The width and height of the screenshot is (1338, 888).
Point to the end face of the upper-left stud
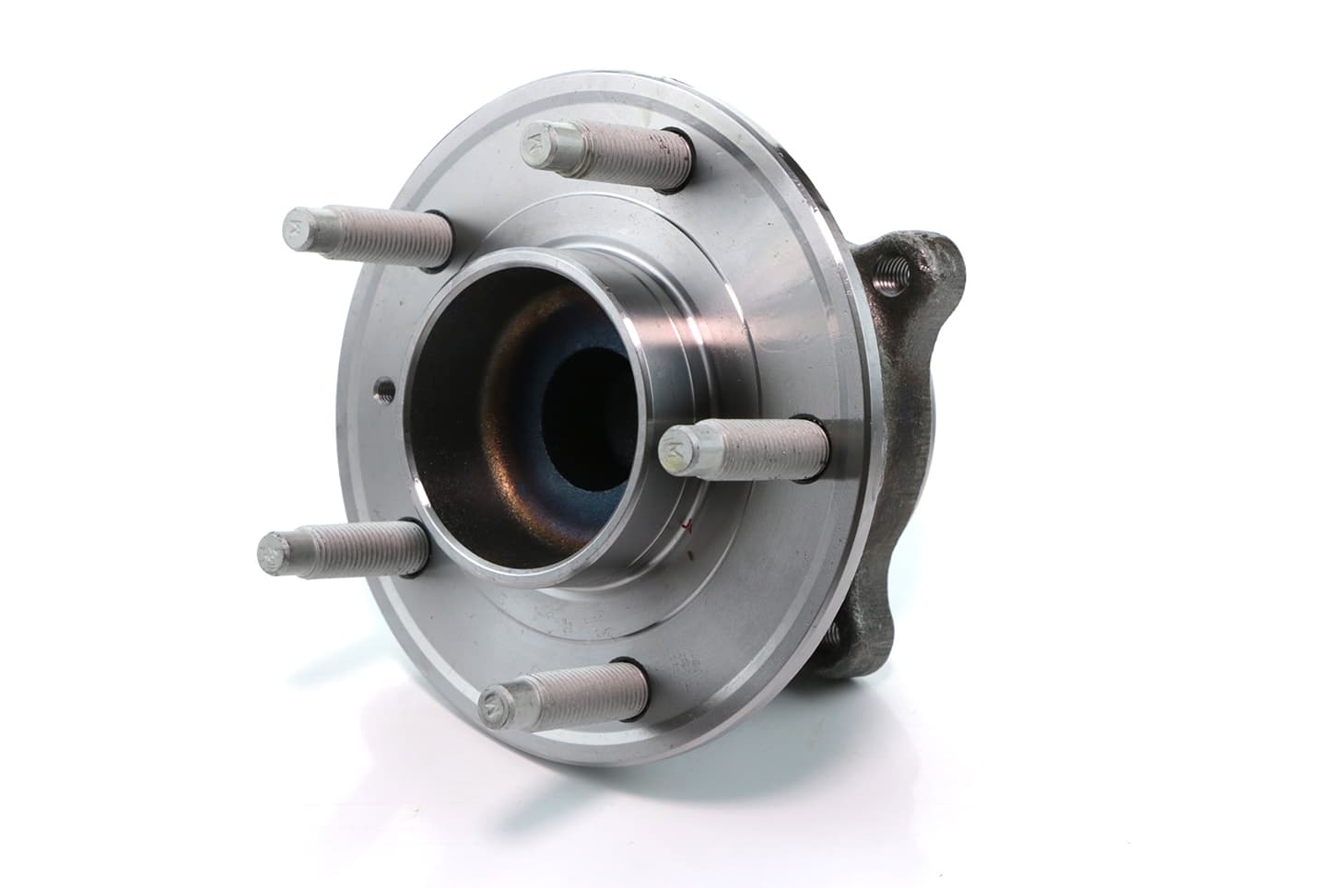tap(298, 227)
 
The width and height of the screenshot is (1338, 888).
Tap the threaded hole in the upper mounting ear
tap(892, 271)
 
